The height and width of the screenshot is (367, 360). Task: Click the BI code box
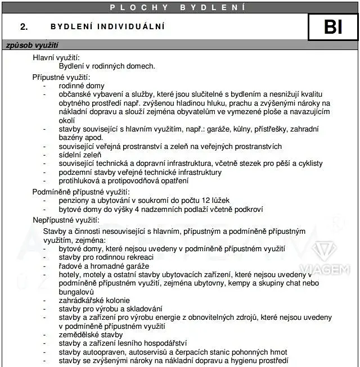(333, 26)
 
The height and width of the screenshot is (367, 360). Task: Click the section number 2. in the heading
(24, 26)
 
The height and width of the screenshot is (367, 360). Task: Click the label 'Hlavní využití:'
(56, 57)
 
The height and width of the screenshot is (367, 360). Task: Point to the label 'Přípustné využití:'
(61, 77)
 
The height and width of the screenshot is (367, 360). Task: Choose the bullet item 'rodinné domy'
(82, 86)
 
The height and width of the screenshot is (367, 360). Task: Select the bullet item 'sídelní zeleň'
(81, 155)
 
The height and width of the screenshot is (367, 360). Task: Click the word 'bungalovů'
(76, 292)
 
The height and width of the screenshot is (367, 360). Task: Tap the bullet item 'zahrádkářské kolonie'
(94, 301)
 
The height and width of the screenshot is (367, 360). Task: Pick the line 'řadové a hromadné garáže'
(103, 266)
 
